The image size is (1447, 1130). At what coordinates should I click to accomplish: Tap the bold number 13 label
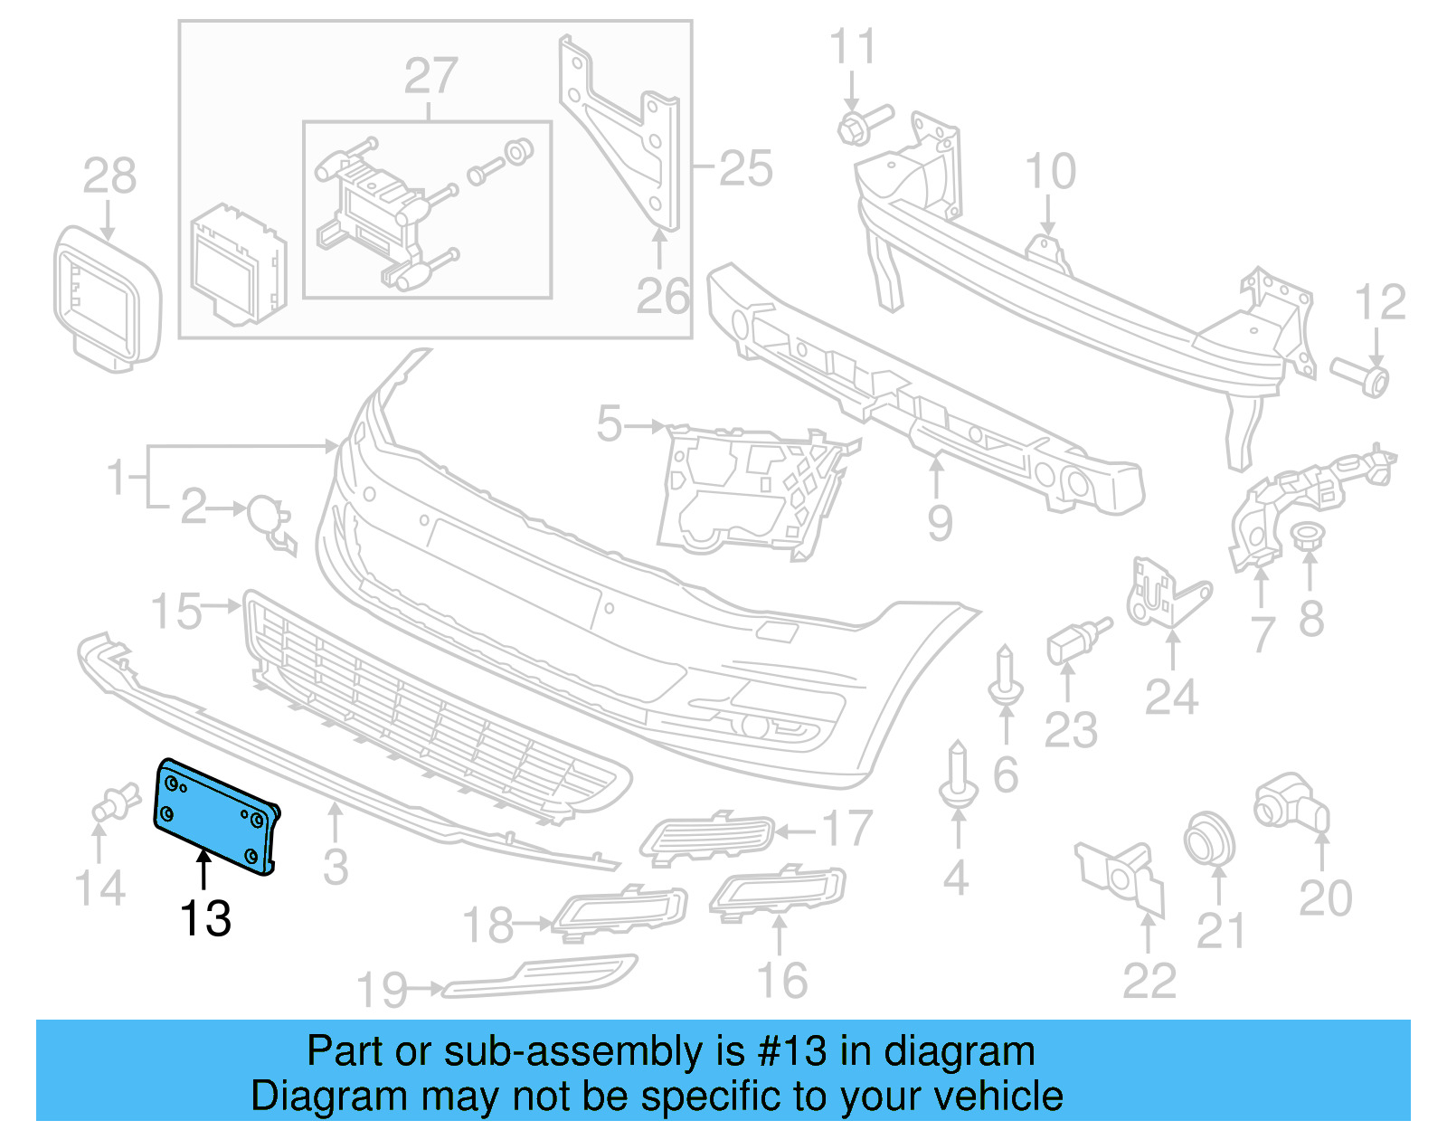pos(205,919)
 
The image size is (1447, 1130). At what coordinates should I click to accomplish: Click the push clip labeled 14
pos(113,803)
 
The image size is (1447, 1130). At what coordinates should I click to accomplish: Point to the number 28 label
pos(109,176)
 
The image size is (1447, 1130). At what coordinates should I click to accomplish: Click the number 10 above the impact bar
pos(1050,171)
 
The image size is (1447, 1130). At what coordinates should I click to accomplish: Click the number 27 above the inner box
pos(430,76)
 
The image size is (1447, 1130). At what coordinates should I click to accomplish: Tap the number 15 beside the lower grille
pos(176,612)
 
